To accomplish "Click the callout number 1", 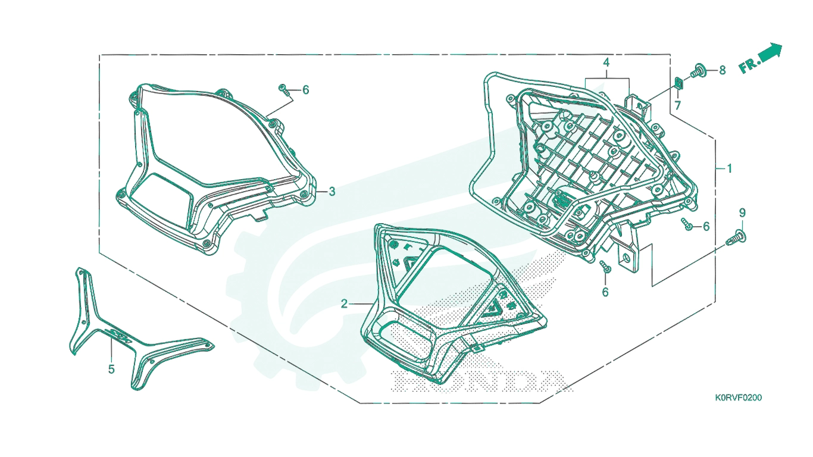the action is [x=729, y=168].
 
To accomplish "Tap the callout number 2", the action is [x=344, y=303].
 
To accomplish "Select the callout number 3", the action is [x=332, y=192].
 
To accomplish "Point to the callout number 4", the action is [x=606, y=62].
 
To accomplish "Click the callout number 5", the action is [x=111, y=369].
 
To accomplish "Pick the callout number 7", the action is [x=677, y=105].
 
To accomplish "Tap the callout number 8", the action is [x=723, y=70].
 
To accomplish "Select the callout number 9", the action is [x=742, y=212].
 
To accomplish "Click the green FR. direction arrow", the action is [x=768, y=53].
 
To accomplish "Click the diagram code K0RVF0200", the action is [x=739, y=397].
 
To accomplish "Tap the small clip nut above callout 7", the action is [x=678, y=83].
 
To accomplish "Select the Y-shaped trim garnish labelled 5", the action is [x=109, y=328].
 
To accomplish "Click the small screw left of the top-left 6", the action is [x=284, y=89].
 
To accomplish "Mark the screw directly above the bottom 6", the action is [x=605, y=267].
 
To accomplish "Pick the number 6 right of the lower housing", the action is [x=706, y=227].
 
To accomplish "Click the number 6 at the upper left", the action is [x=305, y=90].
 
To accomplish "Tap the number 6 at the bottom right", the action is [x=605, y=292].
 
